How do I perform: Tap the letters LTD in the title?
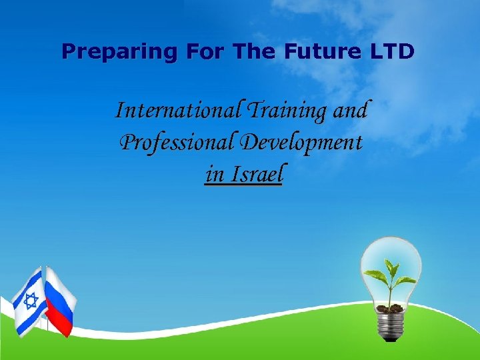[393, 51]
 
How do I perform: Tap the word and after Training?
[350, 109]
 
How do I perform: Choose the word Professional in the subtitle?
[176, 142]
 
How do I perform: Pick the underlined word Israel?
[257, 174]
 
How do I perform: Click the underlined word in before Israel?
[214, 174]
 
